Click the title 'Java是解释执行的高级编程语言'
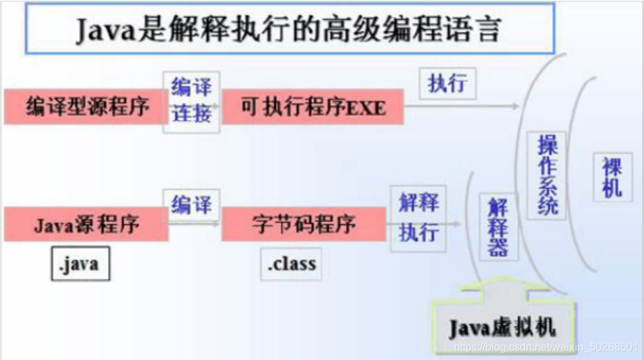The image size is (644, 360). [289, 29]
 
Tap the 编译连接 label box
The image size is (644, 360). [192, 100]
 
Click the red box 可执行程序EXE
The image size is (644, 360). [313, 106]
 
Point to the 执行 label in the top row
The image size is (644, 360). [447, 83]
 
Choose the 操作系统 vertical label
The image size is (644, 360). [547, 174]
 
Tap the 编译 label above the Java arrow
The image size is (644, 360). [192, 204]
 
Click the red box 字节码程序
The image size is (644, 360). [303, 224]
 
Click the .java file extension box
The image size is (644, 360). [80, 264]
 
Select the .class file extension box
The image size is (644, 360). [291, 264]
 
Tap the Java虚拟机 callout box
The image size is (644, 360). [502, 329]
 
